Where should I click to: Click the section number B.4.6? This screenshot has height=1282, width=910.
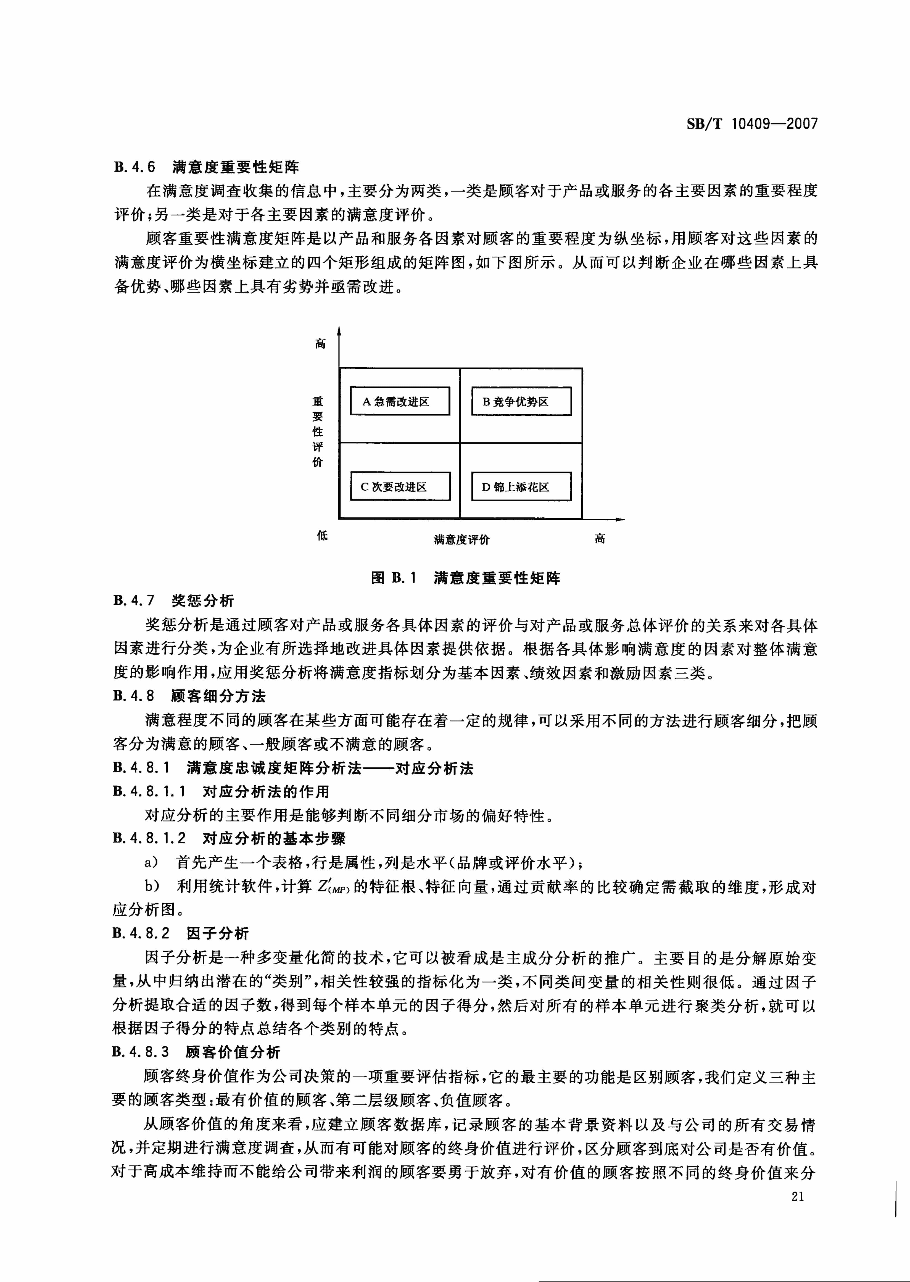[x=134, y=167]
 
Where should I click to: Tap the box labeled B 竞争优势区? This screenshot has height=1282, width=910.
[x=521, y=401]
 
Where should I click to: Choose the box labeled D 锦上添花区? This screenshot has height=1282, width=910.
[x=521, y=486]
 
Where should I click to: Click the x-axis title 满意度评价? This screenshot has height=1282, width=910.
[x=462, y=539]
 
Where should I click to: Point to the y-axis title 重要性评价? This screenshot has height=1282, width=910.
[x=318, y=431]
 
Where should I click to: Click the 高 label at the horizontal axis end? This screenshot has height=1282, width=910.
[x=600, y=538]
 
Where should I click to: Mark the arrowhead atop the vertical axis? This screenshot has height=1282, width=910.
[x=338, y=332]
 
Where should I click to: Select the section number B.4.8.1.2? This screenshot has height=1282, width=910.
[x=149, y=838]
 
